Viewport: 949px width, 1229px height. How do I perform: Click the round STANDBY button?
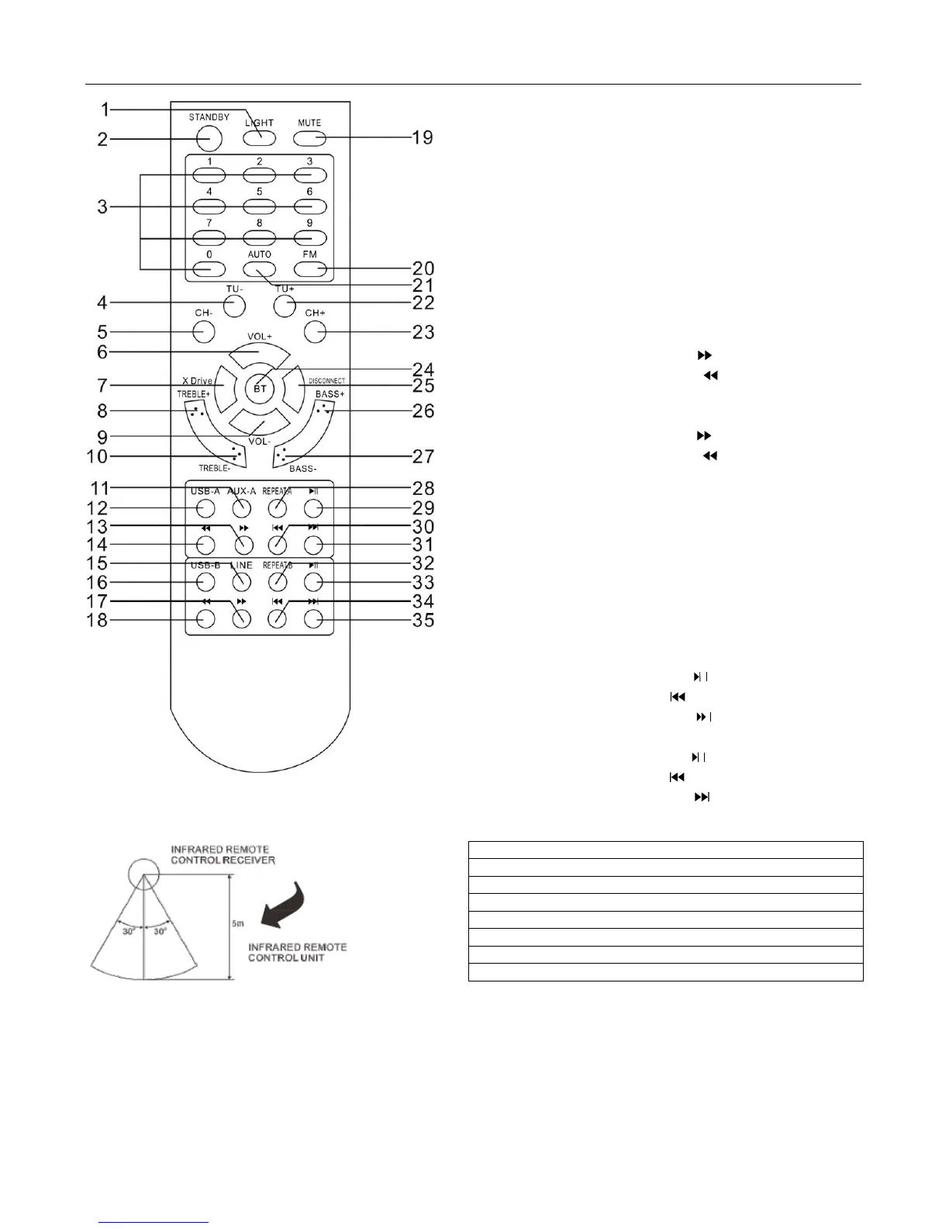tap(209, 138)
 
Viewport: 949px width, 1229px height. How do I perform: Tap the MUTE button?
tap(309, 138)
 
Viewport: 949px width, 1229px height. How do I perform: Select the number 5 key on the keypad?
tap(259, 206)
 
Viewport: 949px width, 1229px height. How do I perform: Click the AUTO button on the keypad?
tap(259, 268)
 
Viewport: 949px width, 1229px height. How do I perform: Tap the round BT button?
tap(259, 387)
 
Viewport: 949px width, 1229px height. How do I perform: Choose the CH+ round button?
tap(315, 332)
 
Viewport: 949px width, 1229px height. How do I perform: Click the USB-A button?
tap(205, 508)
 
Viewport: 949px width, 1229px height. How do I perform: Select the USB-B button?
tap(205, 582)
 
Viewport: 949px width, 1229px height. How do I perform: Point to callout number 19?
tap(422, 138)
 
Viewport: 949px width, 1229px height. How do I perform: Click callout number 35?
tap(423, 620)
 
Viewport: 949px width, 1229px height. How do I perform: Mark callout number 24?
tap(423, 369)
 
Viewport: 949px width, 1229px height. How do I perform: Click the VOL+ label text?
tap(260, 337)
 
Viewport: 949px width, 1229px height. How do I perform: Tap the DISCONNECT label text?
tap(326, 381)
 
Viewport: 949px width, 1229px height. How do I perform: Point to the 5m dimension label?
tap(238, 923)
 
